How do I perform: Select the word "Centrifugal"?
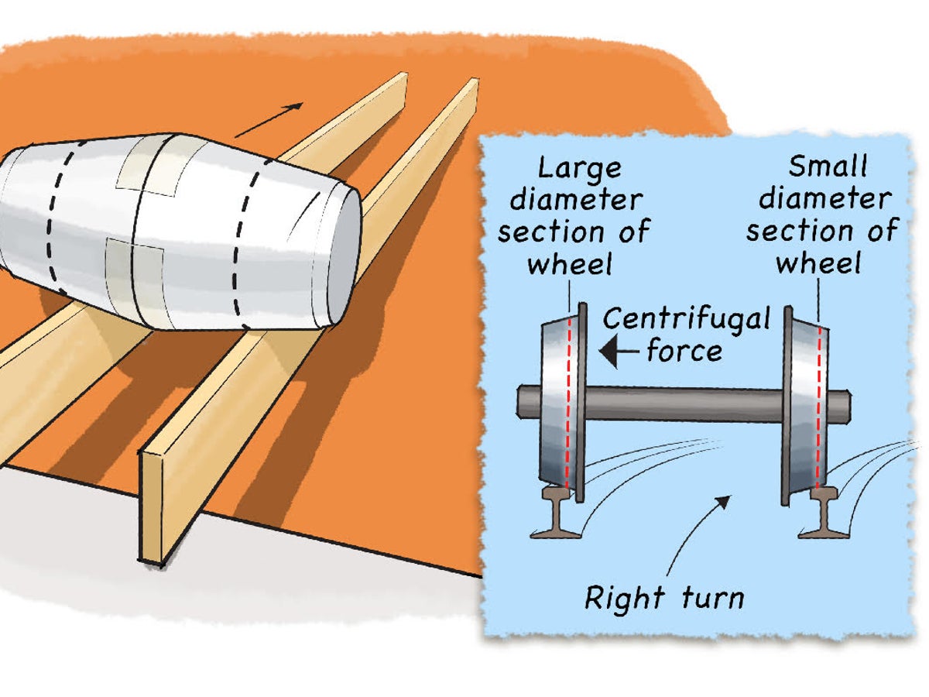[687, 318]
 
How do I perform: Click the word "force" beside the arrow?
[684, 351]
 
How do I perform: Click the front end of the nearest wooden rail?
[152, 507]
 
